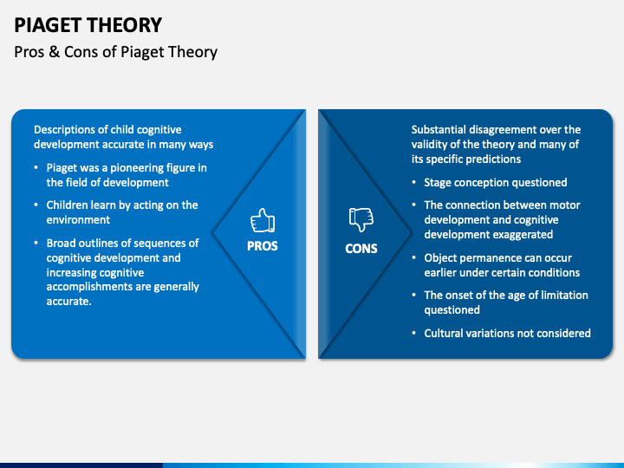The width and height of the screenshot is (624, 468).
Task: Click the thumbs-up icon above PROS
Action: pyautogui.click(x=263, y=220)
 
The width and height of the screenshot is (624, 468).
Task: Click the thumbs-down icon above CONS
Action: pyautogui.click(x=361, y=219)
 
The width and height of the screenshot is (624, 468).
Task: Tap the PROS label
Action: pyautogui.click(x=263, y=246)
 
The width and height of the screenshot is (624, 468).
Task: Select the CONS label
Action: pyautogui.click(x=361, y=249)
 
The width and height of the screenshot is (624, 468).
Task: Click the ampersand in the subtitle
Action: pyautogui.click(x=54, y=52)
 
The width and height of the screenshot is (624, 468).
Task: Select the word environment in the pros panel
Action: pyautogui.click(x=78, y=219)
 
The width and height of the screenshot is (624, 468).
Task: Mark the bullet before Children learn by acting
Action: pyautogui.click(x=36, y=205)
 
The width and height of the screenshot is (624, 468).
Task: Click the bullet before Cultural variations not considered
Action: pyautogui.click(x=414, y=333)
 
